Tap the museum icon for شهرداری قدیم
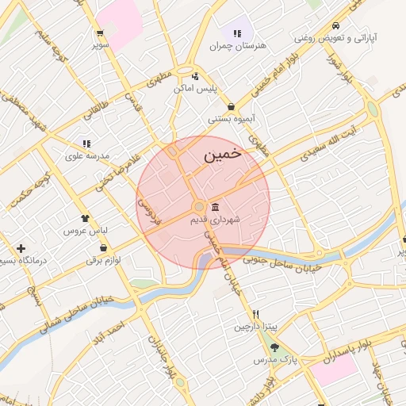click(x=216, y=207)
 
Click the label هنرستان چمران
click(x=237, y=46)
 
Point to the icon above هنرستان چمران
click(x=237, y=33)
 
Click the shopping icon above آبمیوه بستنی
click(x=231, y=106)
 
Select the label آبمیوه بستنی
click(x=230, y=119)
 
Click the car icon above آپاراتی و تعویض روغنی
click(x=337, y=25)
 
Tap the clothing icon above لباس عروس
click(x=85, y=216)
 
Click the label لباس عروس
click(x=87, y=230)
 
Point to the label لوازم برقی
click(x=103, y=260)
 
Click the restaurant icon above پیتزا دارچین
click(x=255, y=314)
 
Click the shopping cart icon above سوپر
click(x=99, y=33)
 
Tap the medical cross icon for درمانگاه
click(x=21, y=249)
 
